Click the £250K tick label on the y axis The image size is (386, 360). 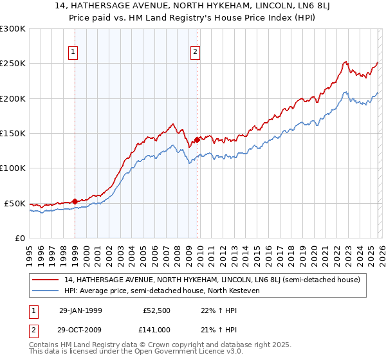click(x=12, y=64)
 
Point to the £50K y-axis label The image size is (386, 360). click(x=15, y=203)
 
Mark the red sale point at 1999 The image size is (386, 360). click(x=75, y=201)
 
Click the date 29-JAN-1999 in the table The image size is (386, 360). click(x=84, y=310)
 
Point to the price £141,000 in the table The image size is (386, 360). click(x=158, y=329)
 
